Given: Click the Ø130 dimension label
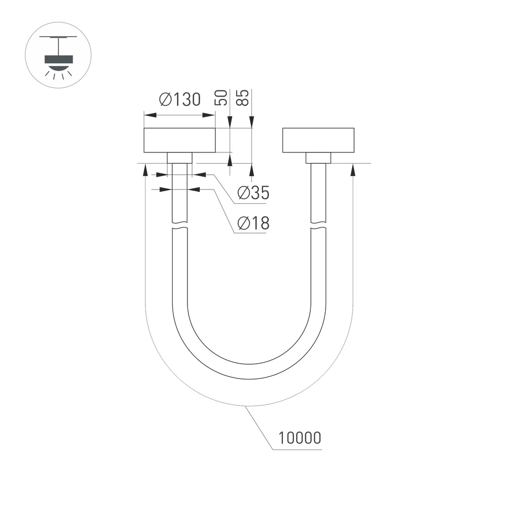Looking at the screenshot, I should [180, 100].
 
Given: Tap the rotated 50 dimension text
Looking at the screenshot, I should [222, 98].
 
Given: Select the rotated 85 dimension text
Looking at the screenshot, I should [244, 98].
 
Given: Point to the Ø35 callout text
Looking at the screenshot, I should [253, 193].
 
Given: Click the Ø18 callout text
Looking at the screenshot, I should [253, 223].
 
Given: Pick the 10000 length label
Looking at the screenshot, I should [300, 437].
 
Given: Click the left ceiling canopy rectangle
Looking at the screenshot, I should [180, 140].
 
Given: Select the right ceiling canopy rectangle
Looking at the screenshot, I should [317, 140].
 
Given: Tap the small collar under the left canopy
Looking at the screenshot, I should [180, 157].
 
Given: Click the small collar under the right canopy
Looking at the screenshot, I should [319, 158].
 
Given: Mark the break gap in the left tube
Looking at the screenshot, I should [180, 227].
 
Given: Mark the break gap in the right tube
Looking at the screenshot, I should [319, 227].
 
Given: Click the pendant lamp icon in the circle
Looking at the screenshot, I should [58, 55].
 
